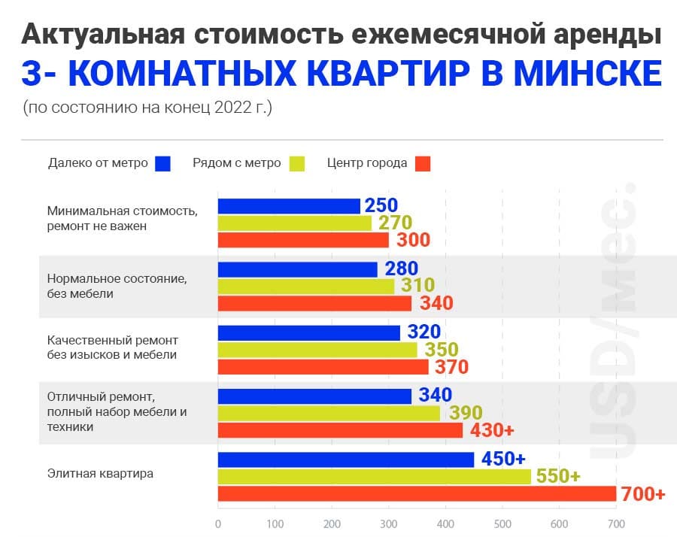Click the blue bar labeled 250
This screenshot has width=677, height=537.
289,206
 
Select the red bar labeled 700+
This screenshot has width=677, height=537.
417,494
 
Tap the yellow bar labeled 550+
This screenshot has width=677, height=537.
374,477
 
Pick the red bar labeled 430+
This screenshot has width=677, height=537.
340,430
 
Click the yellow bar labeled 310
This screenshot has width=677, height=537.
305,287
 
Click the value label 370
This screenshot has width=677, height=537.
451,367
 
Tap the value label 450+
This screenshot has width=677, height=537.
502,459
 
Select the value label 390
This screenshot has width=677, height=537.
465,413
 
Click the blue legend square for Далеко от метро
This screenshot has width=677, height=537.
162,163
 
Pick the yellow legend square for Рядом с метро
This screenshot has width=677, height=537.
296,163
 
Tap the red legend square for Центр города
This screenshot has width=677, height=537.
423,163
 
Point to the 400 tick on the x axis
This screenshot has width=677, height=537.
445,523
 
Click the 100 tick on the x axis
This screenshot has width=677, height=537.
275,523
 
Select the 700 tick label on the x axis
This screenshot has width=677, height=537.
616,523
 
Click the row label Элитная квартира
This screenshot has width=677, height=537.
100,474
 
